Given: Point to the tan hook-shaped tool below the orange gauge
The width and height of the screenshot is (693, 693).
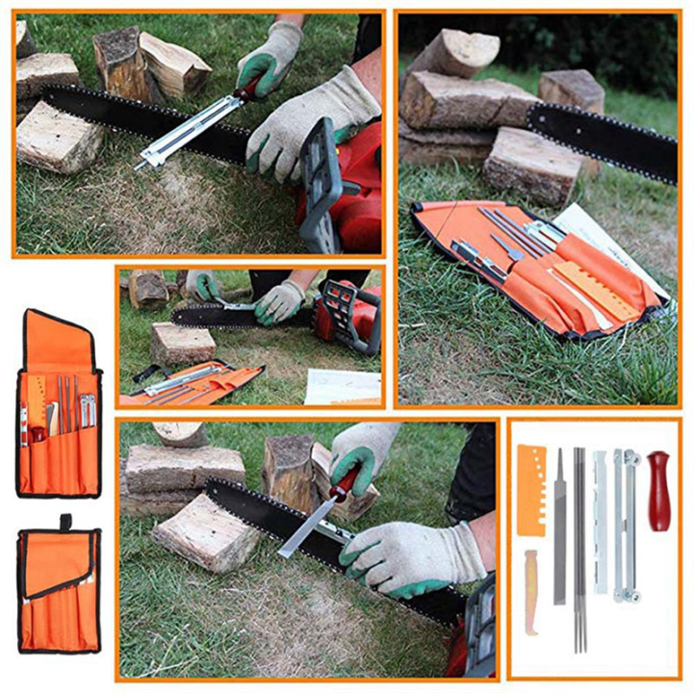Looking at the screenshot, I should [531, 589].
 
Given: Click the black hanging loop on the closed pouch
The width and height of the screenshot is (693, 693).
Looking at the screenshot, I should [65, 523].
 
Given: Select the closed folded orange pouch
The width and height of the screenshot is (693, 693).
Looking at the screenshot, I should [59, 592].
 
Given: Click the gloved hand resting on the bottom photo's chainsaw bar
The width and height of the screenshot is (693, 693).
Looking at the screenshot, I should [404, 558].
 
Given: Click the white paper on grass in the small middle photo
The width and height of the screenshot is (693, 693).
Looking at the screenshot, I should [343, 386].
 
